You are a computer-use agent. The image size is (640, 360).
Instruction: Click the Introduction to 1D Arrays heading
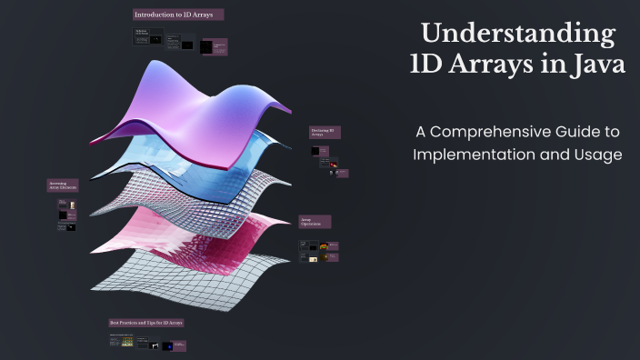pos(178,15)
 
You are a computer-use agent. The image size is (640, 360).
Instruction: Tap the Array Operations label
pos(315,221)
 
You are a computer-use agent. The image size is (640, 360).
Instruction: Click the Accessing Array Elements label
pos(63,185)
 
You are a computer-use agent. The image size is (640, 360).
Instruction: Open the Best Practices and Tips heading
pos(146,323)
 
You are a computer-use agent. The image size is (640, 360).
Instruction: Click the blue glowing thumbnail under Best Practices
pos(168,345)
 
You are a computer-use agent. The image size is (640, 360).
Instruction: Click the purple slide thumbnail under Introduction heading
pos(214,46)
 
